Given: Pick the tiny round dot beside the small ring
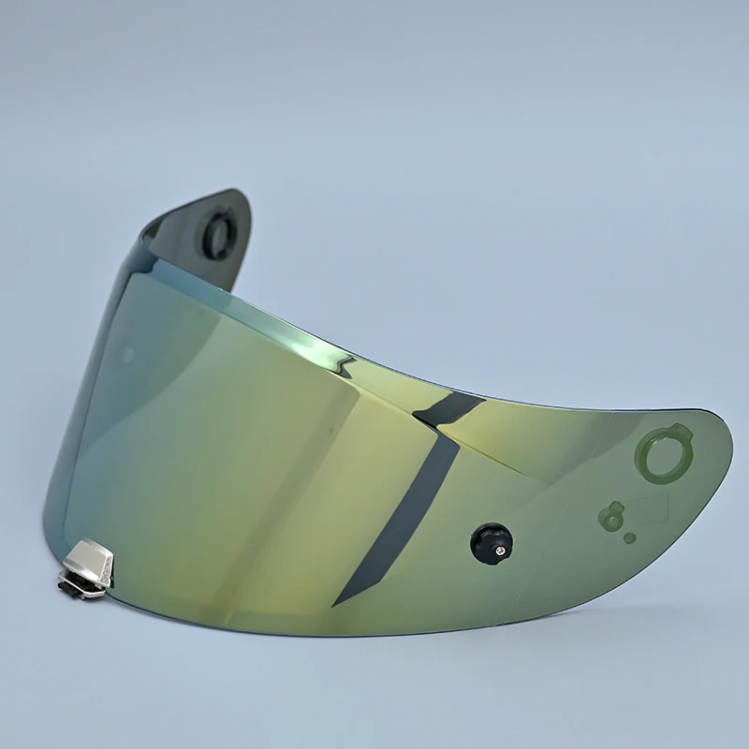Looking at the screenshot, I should [629, 538].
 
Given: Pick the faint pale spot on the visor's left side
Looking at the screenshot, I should [126, 356].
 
